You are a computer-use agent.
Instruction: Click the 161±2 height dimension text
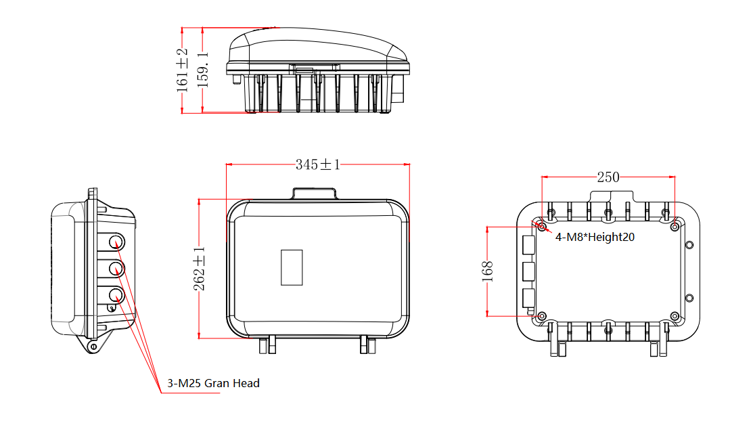[x=182, y=71]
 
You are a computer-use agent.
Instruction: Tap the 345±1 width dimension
[x=317, y=164]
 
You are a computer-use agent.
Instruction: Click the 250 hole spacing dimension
[x=608, y=177]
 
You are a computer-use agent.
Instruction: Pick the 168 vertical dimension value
[x=488, y=271]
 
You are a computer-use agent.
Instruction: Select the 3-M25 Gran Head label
[x=213, y=383]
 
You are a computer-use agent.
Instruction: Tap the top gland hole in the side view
[x=117, y=242]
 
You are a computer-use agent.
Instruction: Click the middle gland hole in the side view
[x=117, y=269]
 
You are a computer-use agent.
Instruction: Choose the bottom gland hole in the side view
[x=117, y=295]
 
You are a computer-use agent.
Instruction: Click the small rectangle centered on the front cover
[x=292, y=267]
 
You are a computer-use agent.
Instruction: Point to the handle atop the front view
[x=315, y=194]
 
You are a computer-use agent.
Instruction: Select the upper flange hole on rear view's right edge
[x=689, y=244]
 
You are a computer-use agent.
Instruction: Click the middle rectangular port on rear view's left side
[x=528, y=271]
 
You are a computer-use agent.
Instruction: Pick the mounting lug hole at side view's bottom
[x=93, y=347]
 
